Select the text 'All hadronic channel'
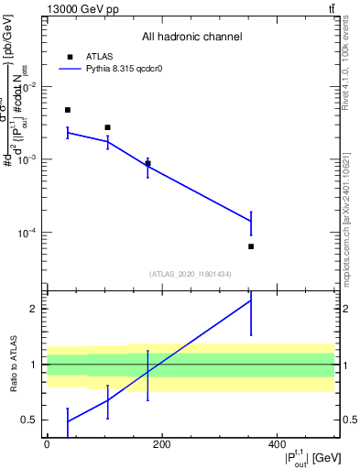click(191, 38)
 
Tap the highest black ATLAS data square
click(68, 110)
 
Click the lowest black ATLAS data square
click(251, 246)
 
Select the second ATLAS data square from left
click(108, 127)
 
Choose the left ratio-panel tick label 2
click(35, 309)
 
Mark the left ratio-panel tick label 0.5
click(31, 420)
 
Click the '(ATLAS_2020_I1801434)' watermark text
click(191, 274)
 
